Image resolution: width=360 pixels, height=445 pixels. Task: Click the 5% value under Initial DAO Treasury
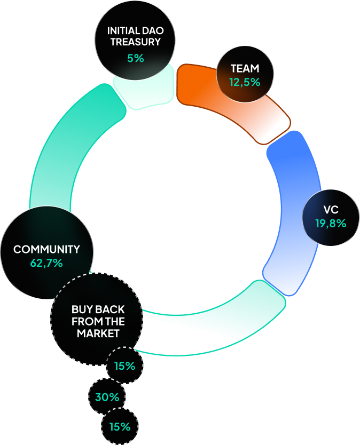pyautogui.click(x=136, y=58)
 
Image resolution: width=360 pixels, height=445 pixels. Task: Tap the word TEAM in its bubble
pyautogui.click(x=245, y=68)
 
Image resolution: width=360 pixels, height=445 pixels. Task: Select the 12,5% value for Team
pyautogui.click(x=245, y=82)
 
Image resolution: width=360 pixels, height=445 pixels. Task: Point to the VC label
pyautogui.click(x=331, y=210)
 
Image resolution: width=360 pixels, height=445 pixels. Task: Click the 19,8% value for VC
pyautogui.click(x=331, y=224)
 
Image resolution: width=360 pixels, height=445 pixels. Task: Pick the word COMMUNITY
pyautogui.click(x=46, y=249)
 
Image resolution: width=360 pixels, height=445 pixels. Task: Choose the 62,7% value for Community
pyautogui.click(x=46, y=263)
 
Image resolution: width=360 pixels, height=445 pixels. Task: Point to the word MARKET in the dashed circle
pyautogui.click(x=98, y=333)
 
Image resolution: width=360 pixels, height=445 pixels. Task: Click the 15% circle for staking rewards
pyautogui.click(x=124, y=366)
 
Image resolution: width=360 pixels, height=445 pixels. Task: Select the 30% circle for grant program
pyautogui.click(x=107, y=397)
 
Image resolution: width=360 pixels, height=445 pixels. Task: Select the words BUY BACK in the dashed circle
pyautogui.click(x=98, y=309)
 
